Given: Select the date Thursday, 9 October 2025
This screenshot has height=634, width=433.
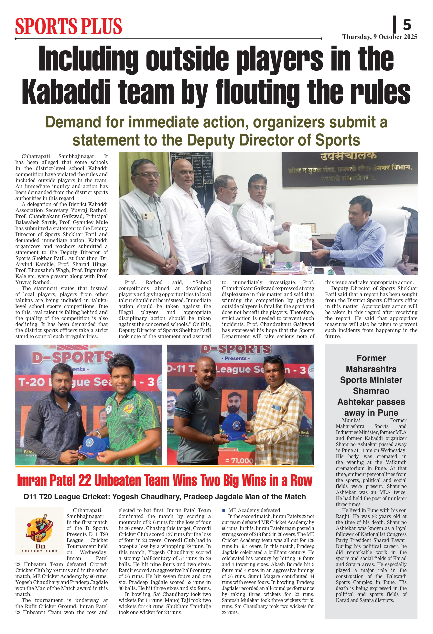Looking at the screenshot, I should [380, 37].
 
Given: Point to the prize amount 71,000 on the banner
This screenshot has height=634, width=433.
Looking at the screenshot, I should [240, 461].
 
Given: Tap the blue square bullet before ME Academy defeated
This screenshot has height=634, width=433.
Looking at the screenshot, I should [224, 510].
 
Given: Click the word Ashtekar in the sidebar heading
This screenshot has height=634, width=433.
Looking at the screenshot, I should [371, 402].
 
